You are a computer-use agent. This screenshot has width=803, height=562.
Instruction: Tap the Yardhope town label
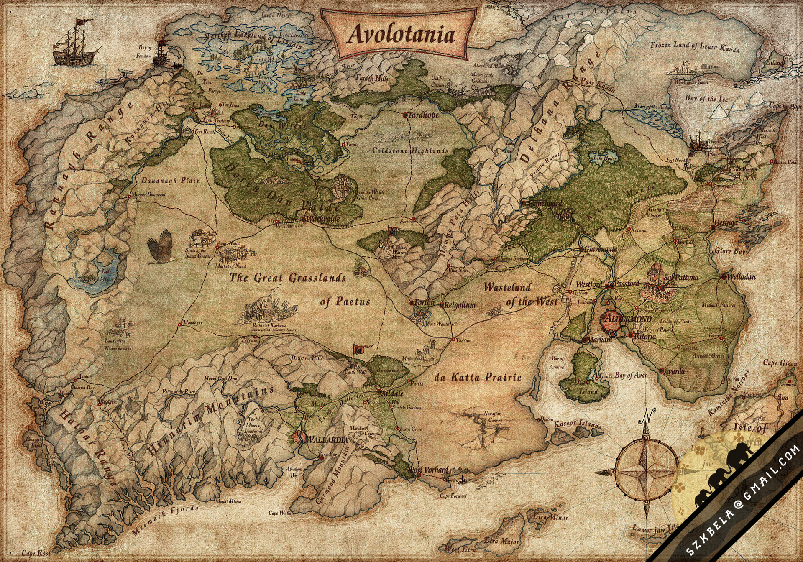coord(423,115)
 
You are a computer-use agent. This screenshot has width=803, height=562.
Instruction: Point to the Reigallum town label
coord(459,305)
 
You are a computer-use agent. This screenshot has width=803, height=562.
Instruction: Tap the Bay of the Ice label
coord(706,99)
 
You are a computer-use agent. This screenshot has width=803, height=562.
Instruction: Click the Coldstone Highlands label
coord(411,151)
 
